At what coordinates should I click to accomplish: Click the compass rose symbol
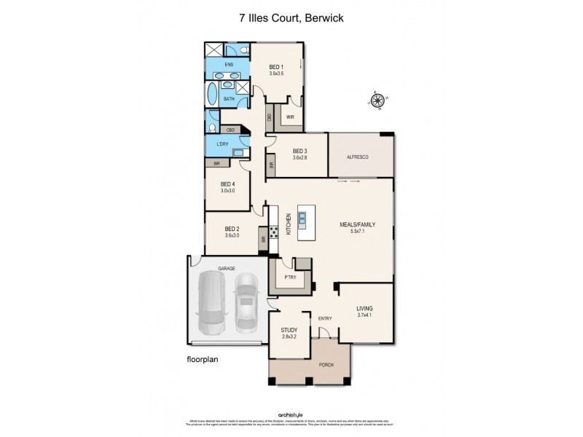378,101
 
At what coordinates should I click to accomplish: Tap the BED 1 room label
275,66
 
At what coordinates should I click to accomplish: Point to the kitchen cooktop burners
275,233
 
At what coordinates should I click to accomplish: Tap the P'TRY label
291,277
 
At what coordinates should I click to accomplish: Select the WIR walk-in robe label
289,117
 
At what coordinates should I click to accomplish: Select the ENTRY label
324,318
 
